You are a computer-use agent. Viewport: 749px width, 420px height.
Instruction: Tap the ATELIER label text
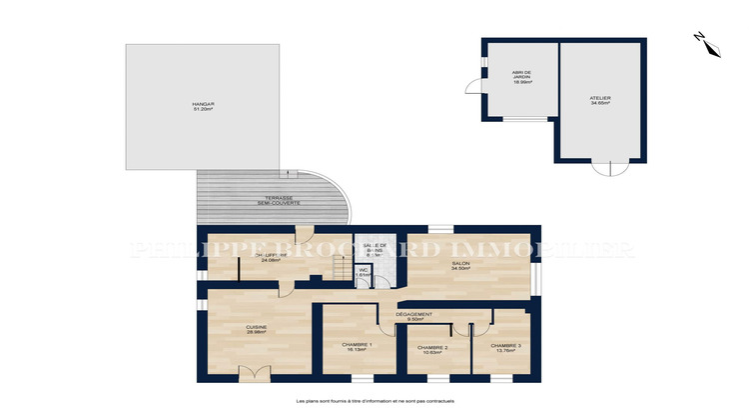(x=599, y=98)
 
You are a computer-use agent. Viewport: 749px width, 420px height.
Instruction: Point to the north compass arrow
(x=700, y=39)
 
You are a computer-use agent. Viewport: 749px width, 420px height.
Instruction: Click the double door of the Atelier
(x=603, y=167)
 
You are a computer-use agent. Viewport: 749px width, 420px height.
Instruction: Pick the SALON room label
(x=459, y=265)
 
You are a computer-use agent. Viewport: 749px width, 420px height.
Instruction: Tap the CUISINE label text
(x=256, y=326)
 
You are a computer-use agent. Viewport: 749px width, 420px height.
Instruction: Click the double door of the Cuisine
(x=254, y=374)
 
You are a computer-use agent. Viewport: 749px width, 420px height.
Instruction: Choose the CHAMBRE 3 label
(x=506, y=346)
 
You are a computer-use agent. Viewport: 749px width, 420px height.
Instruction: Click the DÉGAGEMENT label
(x=413, y=314)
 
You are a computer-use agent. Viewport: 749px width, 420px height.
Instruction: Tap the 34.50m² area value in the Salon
(x=459, y=270)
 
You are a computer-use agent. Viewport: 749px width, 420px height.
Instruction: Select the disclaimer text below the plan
(x=374, y=401)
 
